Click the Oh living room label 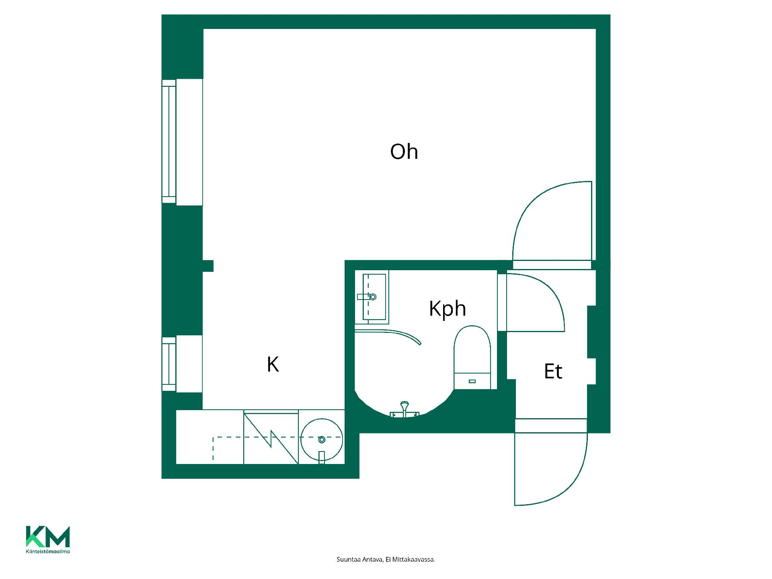pos(404,152)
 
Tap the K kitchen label pos(273,364)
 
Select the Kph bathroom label pos(448,309)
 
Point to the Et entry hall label pos(553,371)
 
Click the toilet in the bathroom pos(472,357)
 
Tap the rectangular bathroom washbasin pos(372,298)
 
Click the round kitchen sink pos(322,439)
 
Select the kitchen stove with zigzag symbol pos(271,437)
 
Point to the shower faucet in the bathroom pos(404,410)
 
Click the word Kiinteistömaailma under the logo pos(48,552)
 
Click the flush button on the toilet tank pos(472,381)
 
